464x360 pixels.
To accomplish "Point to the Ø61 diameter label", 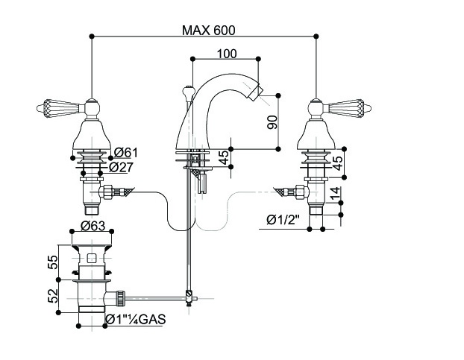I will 126,153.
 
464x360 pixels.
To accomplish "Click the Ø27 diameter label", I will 126,166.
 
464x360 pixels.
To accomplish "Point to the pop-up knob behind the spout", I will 188,93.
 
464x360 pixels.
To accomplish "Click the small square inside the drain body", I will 91,259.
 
